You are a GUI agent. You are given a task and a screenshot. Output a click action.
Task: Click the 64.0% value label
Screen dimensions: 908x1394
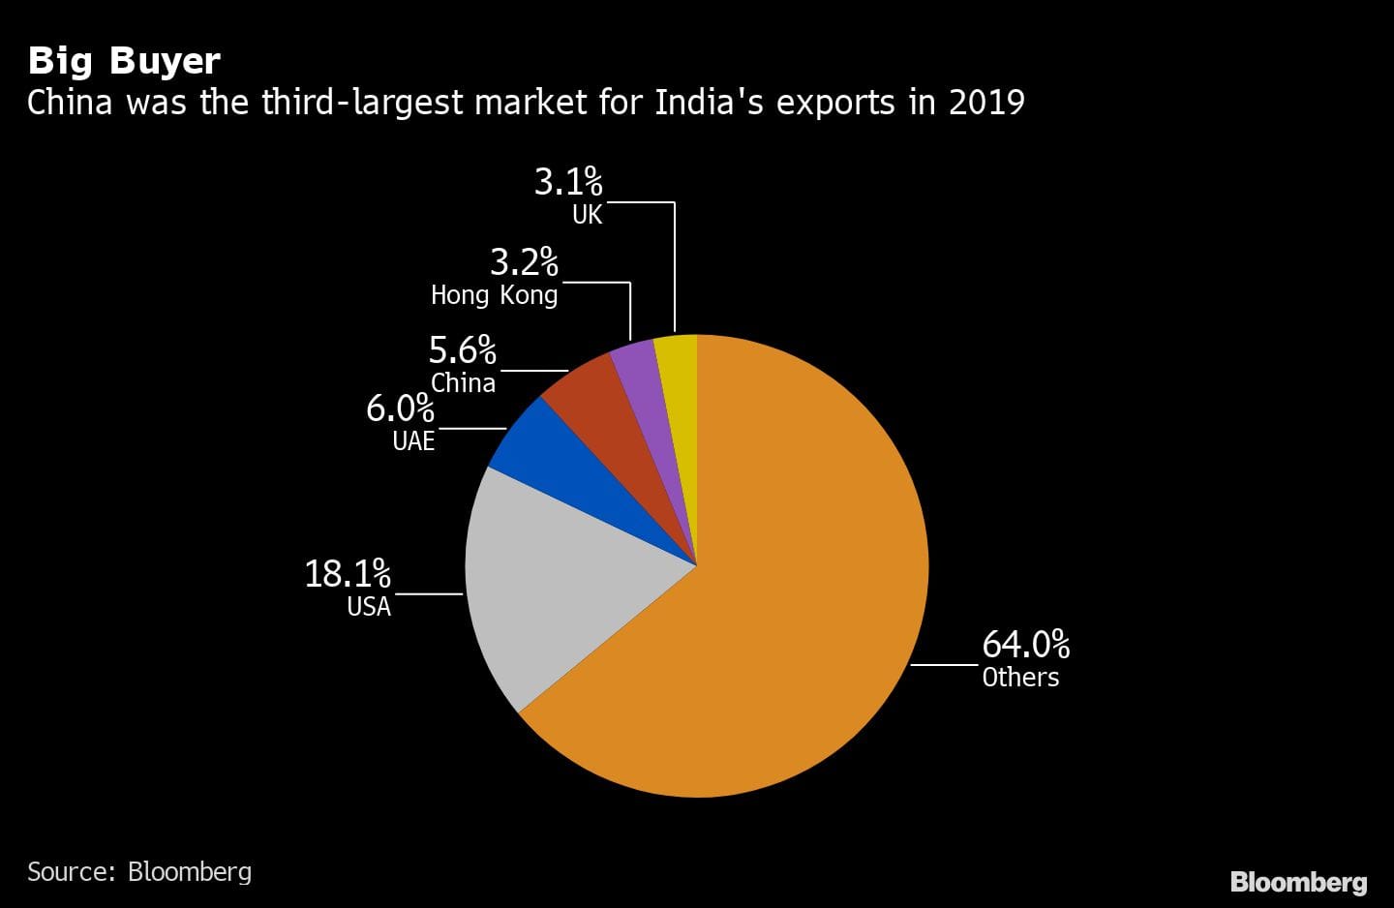tap(1025, 644)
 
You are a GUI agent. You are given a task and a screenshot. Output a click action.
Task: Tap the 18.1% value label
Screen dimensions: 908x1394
tap(348, 573)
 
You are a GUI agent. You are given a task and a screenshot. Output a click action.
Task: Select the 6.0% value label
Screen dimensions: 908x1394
tap(400, 409)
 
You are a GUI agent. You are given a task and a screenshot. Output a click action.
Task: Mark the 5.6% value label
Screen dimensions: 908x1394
tap(462, 349)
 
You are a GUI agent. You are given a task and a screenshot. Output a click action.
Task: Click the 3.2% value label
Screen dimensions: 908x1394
tap(524, 261)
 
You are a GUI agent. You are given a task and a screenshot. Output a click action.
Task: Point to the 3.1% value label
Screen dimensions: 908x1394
tap(568, 181)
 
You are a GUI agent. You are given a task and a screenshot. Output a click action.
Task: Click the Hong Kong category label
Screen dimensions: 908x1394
tap(494, 295)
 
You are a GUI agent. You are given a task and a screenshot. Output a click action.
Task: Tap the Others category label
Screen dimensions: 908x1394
tap(1020, 677)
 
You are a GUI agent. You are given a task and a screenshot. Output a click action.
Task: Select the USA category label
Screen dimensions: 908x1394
tap(369, 607)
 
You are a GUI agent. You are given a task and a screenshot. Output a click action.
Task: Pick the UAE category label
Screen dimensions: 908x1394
tap(413, 441)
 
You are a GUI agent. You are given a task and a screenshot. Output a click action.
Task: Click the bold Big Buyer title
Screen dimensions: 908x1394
tap(124, 61)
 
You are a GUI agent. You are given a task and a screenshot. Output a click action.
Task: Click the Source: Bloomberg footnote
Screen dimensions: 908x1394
tap(139, 871)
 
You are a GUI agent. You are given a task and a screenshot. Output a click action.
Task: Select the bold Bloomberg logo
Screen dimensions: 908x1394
tap(1298, 882)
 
